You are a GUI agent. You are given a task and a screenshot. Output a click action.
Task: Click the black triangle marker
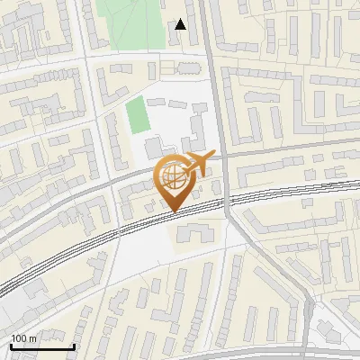tap(181, 24)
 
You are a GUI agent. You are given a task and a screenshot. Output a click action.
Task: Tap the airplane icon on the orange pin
tap(196, 164)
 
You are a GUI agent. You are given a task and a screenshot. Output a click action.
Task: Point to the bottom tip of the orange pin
tap(174, 212)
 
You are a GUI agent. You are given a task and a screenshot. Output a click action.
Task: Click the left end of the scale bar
tap(11, 346)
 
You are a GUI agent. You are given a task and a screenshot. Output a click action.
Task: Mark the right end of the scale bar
tap(74, 346)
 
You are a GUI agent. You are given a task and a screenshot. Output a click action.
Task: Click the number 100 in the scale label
tap(20, 338)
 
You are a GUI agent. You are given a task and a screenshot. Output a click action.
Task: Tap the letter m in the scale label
tap(33, 339)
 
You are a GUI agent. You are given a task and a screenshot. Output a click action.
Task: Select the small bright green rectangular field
tap(136, 115)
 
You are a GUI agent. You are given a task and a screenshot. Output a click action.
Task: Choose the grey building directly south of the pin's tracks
tap(194, 235)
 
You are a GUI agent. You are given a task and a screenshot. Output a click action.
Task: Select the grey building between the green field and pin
tap(154, 146)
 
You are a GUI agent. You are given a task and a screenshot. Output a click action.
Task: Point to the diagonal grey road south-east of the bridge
tap(270, 270)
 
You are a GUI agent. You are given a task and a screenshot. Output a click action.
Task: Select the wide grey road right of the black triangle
tap(206, 36)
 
